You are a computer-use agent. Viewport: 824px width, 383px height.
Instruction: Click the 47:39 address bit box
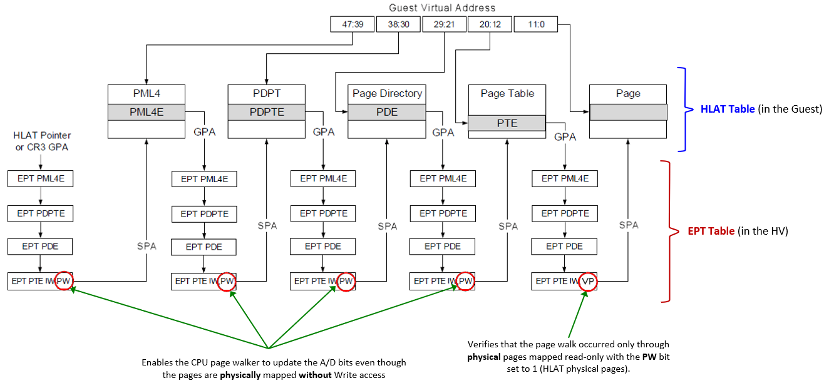[351, 24]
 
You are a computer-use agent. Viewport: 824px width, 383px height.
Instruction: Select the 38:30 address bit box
[398, 24]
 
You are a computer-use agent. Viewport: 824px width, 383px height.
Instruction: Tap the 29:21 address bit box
[443, 24]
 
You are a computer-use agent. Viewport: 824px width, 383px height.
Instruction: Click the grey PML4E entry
[147, 112]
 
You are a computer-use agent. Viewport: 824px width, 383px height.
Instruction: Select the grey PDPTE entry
[267, 112]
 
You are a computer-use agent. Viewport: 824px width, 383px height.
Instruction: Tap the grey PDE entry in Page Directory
[387, 112]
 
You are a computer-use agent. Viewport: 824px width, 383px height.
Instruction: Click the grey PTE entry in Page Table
[507, 123]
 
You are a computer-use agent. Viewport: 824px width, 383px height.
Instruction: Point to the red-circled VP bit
[588, 282]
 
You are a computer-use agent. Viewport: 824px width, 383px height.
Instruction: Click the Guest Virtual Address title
[442, 8]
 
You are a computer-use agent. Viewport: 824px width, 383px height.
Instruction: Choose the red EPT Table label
[711, 231]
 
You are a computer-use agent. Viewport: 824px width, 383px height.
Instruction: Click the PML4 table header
[147, 93]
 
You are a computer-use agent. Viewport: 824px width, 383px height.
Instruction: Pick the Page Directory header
[387, 93]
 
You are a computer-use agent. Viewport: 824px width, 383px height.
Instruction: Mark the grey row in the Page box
[628, 112]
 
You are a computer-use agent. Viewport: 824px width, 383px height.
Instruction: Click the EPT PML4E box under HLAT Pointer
[40, 178]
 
